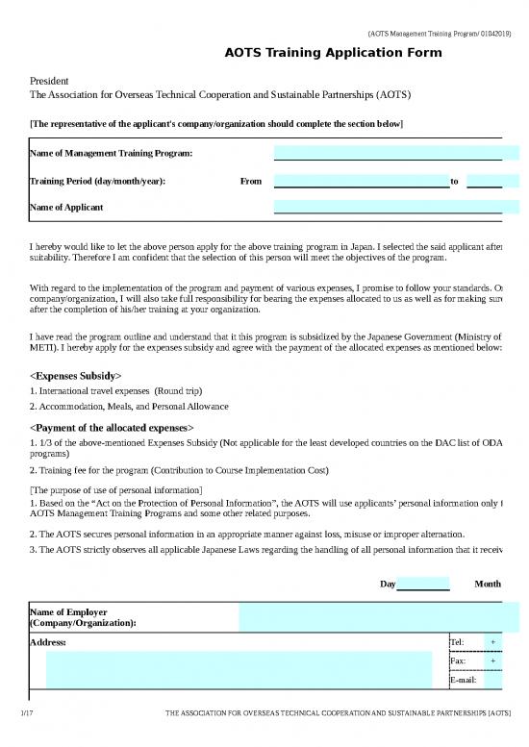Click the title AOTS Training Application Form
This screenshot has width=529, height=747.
point(334,53)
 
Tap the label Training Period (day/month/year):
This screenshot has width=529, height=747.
point(97,181)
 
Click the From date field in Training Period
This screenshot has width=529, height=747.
point(362,181)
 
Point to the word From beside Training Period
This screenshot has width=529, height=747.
point(250,181)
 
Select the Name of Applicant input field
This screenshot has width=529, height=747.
point(388,207)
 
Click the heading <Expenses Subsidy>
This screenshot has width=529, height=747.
point(76,375)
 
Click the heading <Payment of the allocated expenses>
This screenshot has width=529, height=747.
point(113,426)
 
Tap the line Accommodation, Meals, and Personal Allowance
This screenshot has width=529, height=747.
point(130,407)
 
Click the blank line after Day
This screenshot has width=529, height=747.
point(422,585)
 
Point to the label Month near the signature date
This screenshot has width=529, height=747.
point(488,585)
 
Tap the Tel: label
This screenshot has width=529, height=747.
point(457,642)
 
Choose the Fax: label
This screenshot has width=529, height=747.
point(458,661)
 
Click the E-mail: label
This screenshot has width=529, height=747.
point(463,681)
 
